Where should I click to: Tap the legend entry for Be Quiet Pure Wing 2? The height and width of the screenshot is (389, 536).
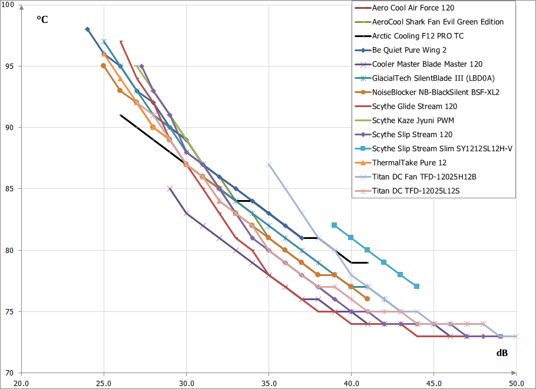click(409, 50)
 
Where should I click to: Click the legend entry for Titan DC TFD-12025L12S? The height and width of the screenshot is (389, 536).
click(419, 191)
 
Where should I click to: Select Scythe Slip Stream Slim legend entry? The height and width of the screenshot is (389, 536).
click(442, 149)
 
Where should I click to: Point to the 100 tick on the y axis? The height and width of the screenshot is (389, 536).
click(10, 5)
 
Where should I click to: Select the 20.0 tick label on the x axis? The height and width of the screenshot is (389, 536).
click(21, 382)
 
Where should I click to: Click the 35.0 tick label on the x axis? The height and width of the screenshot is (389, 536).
click(269, 382)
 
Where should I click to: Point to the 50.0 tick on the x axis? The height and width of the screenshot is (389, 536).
click(516, 382)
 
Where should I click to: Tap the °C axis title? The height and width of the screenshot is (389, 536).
click(42, 19)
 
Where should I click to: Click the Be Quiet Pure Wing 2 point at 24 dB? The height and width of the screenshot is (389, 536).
click(87, 29)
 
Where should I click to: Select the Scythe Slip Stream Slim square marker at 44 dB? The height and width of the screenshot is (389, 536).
click(417, 287)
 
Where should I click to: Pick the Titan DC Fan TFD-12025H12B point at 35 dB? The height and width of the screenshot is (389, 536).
click(269, 164)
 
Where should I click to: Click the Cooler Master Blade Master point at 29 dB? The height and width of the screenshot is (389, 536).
click(170, 189)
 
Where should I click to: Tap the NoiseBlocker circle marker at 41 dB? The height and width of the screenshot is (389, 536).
click(368, 299)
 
